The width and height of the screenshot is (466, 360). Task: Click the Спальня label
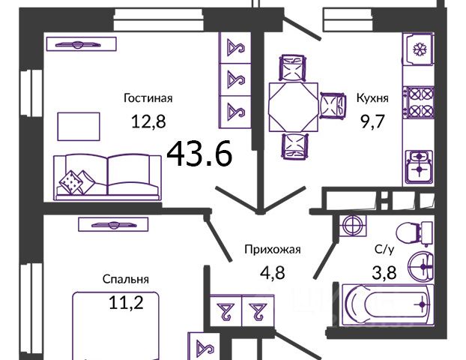(126, 279)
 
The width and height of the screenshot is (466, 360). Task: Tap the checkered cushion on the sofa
(73, 181)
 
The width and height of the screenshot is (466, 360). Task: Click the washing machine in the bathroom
(351, 225)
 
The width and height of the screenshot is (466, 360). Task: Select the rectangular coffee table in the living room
(78, 125)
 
